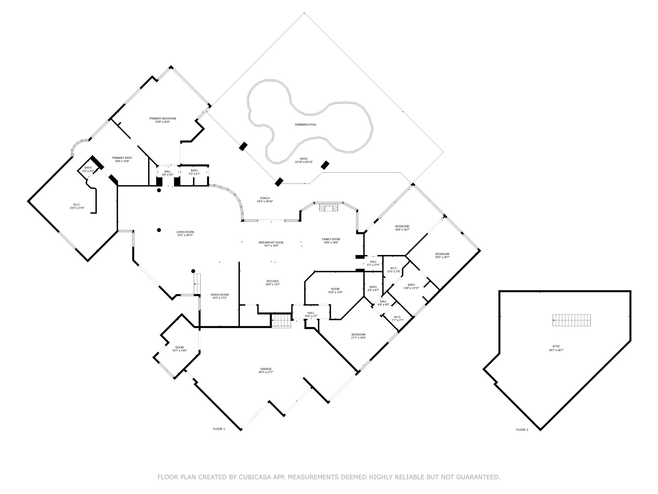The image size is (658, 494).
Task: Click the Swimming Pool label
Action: coord(306,124)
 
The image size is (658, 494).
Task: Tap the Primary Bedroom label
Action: coord(163,118)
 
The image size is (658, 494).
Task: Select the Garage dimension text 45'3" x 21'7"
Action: coord(266,372)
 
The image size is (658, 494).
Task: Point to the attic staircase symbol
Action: coord(572,320)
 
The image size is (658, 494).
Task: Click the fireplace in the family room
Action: coord(328,208)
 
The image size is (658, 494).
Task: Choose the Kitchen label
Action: coord(272,281)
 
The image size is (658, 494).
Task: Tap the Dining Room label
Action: coord(220,295)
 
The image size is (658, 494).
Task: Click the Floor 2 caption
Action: coord(522,430)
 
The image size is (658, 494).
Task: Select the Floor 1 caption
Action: coord(219,429)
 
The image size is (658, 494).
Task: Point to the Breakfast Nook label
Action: coord(271,242)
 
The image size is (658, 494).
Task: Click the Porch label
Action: coord(265,198)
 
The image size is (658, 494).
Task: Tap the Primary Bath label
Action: coord(122,158)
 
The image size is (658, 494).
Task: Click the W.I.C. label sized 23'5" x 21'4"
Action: coord(77,208)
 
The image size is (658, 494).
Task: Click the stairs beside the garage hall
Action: coord(281,321)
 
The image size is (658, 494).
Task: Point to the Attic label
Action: coord(556,346)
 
